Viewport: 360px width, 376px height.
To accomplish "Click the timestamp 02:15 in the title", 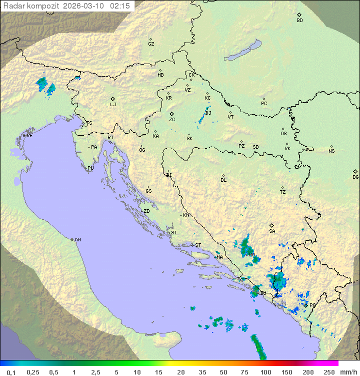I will [120, 6].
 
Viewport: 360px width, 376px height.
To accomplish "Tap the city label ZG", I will [172, 120].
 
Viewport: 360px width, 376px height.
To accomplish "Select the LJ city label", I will [113, 105].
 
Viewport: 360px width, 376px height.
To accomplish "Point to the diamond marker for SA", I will [272, 225].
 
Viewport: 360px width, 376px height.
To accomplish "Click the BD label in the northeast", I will [299, 21].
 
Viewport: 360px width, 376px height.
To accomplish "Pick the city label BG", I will [355, 177].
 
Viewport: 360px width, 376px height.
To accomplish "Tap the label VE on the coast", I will [29, 136].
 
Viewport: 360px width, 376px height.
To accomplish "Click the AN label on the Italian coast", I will [77, 240].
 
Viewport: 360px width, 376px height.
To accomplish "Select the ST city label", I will [198, 245].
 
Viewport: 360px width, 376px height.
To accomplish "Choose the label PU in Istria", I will [90, 168].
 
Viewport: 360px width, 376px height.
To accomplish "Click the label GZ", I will [151, 44].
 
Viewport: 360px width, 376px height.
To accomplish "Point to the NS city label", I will [331, 151].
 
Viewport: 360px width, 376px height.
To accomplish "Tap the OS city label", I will [283, 134].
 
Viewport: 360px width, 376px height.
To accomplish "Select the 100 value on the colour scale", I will [265, 372].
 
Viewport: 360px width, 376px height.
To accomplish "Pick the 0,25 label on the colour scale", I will [33, 372].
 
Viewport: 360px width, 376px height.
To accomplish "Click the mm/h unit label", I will [346, 372].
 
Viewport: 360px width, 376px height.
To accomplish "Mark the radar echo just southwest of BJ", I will [201, 119].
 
